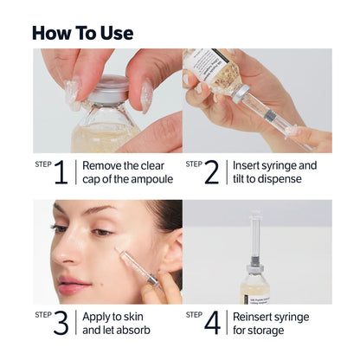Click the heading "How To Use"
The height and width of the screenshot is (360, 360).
(83, 33)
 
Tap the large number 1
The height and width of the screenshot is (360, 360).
(60, 172)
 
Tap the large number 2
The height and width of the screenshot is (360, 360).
(210, 172)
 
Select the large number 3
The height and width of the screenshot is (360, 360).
(60, 323)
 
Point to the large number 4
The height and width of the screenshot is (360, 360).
(210, 323)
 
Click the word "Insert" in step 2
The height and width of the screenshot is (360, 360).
(249, 164)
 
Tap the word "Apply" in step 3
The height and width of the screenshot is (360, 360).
(100, 316)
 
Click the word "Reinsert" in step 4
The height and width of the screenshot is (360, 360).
(258, 316)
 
